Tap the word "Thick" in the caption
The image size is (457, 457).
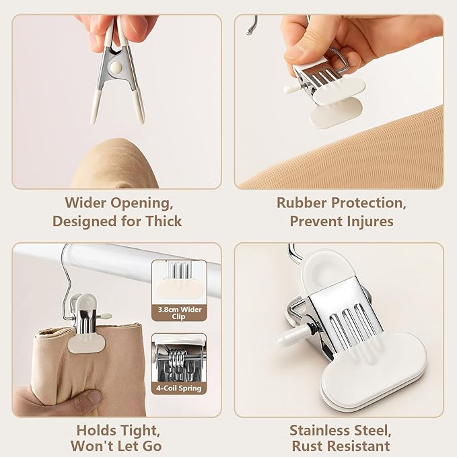pos(164,221)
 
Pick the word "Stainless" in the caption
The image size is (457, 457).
pos(319,431)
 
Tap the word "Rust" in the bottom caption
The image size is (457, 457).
pos(308,446)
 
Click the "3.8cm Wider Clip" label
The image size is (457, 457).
pos(179,313)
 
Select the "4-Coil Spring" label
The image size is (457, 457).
pos(179,388)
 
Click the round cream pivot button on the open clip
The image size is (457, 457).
pos(115,67)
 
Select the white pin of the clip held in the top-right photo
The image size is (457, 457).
pos(292,87)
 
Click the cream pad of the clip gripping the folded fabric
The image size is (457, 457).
pos(87,344)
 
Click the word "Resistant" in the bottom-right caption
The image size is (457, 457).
pos(358,446)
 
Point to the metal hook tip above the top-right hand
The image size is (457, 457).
pos(248,32)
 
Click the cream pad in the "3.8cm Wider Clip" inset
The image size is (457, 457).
pos(179,287)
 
